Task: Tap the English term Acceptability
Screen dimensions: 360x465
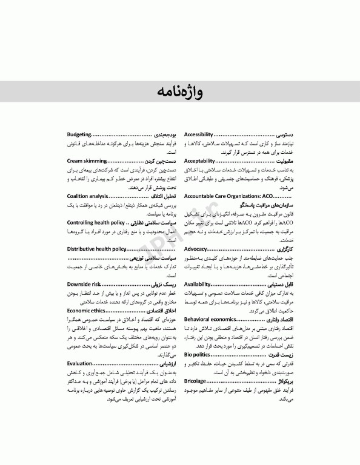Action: [x=199, y=162]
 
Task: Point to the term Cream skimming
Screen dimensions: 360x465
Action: [x=87, y=162]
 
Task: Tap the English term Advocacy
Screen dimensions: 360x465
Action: [x=196, y=249]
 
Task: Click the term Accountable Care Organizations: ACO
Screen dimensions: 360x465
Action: [x=227, y=197]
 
